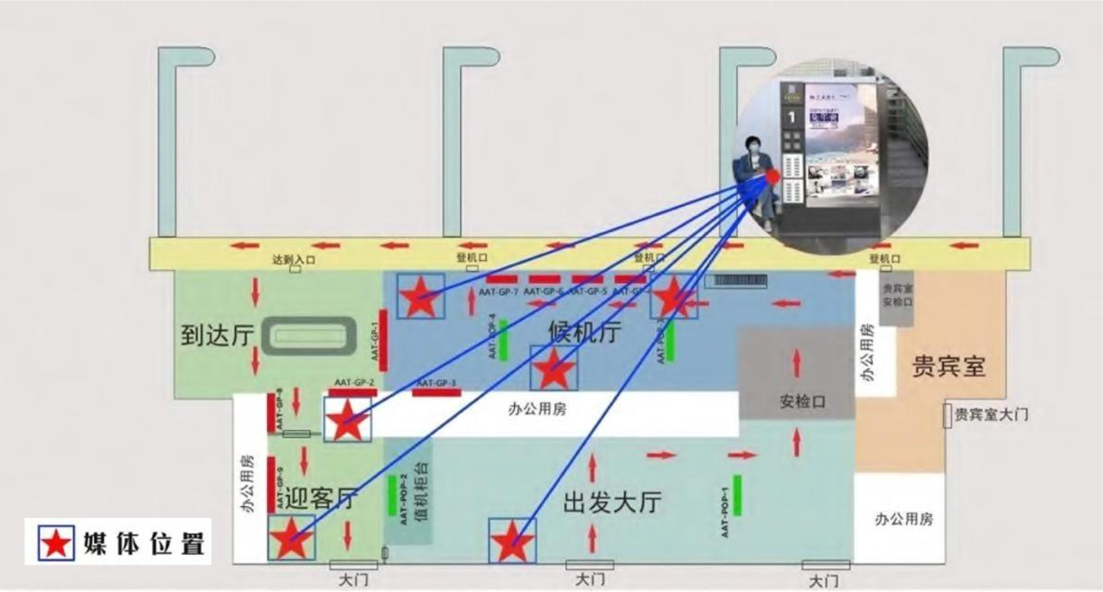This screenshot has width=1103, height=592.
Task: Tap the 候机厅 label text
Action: click(x=584, y=333)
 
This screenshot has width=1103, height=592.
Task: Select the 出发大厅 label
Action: click(x=612, y=501)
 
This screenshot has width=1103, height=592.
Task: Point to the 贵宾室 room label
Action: click(x=948, y=366)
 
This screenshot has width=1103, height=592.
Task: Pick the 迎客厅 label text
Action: click(x=320, y=498)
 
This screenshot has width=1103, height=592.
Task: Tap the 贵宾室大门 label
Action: click(x=991, y=414)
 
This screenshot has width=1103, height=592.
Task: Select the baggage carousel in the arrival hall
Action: click(x=309, y=336)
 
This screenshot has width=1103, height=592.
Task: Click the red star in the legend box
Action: click(x=56, y=542)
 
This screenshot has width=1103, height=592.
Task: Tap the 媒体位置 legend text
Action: click(x=143, y=543)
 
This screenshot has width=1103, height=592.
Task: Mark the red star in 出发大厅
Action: click(x=512, y=542)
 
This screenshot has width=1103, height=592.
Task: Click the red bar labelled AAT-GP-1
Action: click(x=383, y=339)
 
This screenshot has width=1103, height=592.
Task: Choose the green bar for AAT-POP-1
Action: click(x=737, y=495)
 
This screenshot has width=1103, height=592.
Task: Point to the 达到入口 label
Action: click(x=293, y=259)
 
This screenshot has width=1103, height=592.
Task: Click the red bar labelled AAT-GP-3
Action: click(x=437, y=392)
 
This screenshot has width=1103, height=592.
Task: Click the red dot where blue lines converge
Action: click(x=773, y=176)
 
